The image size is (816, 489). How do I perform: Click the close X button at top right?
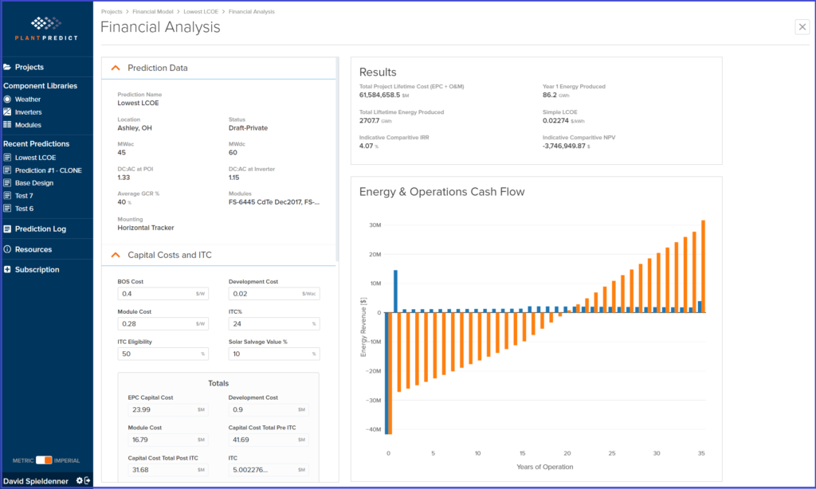point(802,27)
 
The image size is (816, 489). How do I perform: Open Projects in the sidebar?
point(29,67)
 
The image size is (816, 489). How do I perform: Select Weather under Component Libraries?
point(27,100)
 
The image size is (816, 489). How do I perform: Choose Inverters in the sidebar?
point(28,112)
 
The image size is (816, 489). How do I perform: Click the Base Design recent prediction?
point(34,183)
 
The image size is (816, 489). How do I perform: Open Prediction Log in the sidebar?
point(40,229)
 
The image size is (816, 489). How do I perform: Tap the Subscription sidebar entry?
point(37,270)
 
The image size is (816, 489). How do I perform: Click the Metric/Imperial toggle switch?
point(44,460)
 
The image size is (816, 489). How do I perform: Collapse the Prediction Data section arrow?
point(116,68)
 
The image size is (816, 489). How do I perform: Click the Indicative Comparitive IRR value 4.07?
point(367,147)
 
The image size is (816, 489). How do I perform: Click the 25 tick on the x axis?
point(612,454)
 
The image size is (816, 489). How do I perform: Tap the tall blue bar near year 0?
point(395,291)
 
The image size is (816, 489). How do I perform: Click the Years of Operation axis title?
point(544,467)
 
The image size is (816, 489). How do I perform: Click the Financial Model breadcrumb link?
point(154,12)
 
